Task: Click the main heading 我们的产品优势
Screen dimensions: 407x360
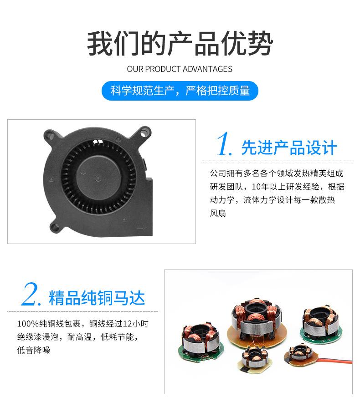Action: pyautogui.click(x=180, y=44)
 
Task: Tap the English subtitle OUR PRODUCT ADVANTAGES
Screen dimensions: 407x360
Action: pyautogui.click(x=180, y=69)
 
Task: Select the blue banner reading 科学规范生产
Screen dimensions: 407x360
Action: pyautogui.click(x=180, y=91)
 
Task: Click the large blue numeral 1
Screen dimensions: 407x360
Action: pyautogui.click(x=224, y=145)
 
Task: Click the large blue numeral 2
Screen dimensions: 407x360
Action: pyautogui.click(x=31, y=296)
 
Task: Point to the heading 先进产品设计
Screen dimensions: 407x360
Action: pyautogui.click(x=289, y=148)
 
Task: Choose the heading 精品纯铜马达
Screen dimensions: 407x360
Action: pyautogui.click(x=97, y=298)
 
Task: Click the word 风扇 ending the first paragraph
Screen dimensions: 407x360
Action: pyautogui.click(x=218, y=213)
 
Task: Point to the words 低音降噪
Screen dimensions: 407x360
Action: pyautogui.click(x=34, y=350)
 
